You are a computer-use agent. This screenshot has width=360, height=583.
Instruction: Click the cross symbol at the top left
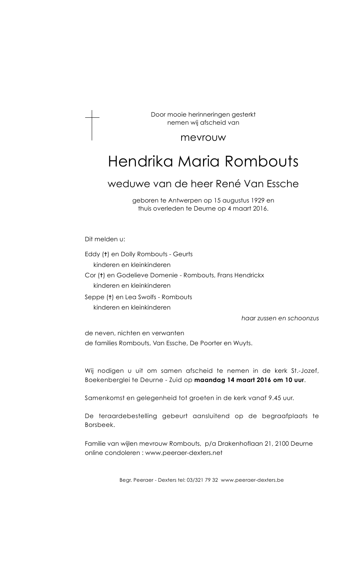[x=92, y=125]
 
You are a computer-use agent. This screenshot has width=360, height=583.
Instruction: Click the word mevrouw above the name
[x=203, y=137]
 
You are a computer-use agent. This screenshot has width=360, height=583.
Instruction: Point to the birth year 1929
[x=259, y=200]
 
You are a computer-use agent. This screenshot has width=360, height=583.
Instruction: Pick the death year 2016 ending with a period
[x=261, y=209]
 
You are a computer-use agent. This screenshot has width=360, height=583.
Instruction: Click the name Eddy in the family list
[x=92, y=254]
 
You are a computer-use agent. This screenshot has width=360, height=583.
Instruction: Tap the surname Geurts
[x=183, y=254]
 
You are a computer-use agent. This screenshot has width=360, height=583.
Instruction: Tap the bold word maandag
[x=209, y=380]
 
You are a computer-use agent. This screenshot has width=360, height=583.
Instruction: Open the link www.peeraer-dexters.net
[x=184, y=453]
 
